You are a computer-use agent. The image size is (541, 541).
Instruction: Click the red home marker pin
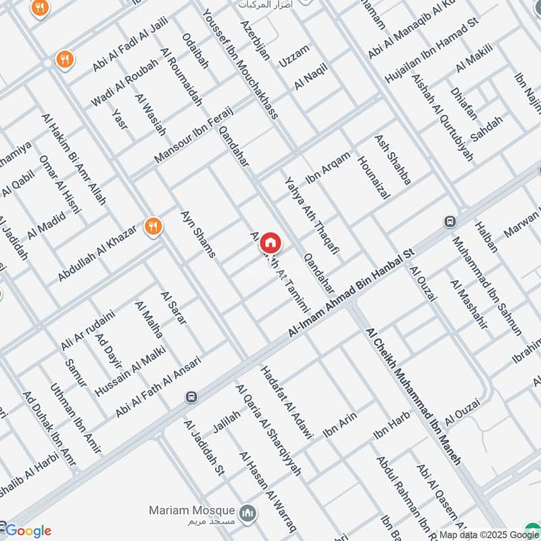point(270,243)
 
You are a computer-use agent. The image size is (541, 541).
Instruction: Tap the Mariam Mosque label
point(193,511)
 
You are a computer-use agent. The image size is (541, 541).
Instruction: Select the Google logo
point(28,531)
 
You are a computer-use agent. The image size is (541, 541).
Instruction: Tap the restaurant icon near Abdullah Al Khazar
point(154,226)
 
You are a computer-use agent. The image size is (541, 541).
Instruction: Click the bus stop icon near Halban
point(450,221)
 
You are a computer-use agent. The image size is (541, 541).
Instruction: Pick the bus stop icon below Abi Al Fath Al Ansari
point(192,397)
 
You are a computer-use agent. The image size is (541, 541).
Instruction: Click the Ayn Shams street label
point(197,234)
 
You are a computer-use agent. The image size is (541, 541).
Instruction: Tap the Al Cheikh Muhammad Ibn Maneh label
point(413,396)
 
